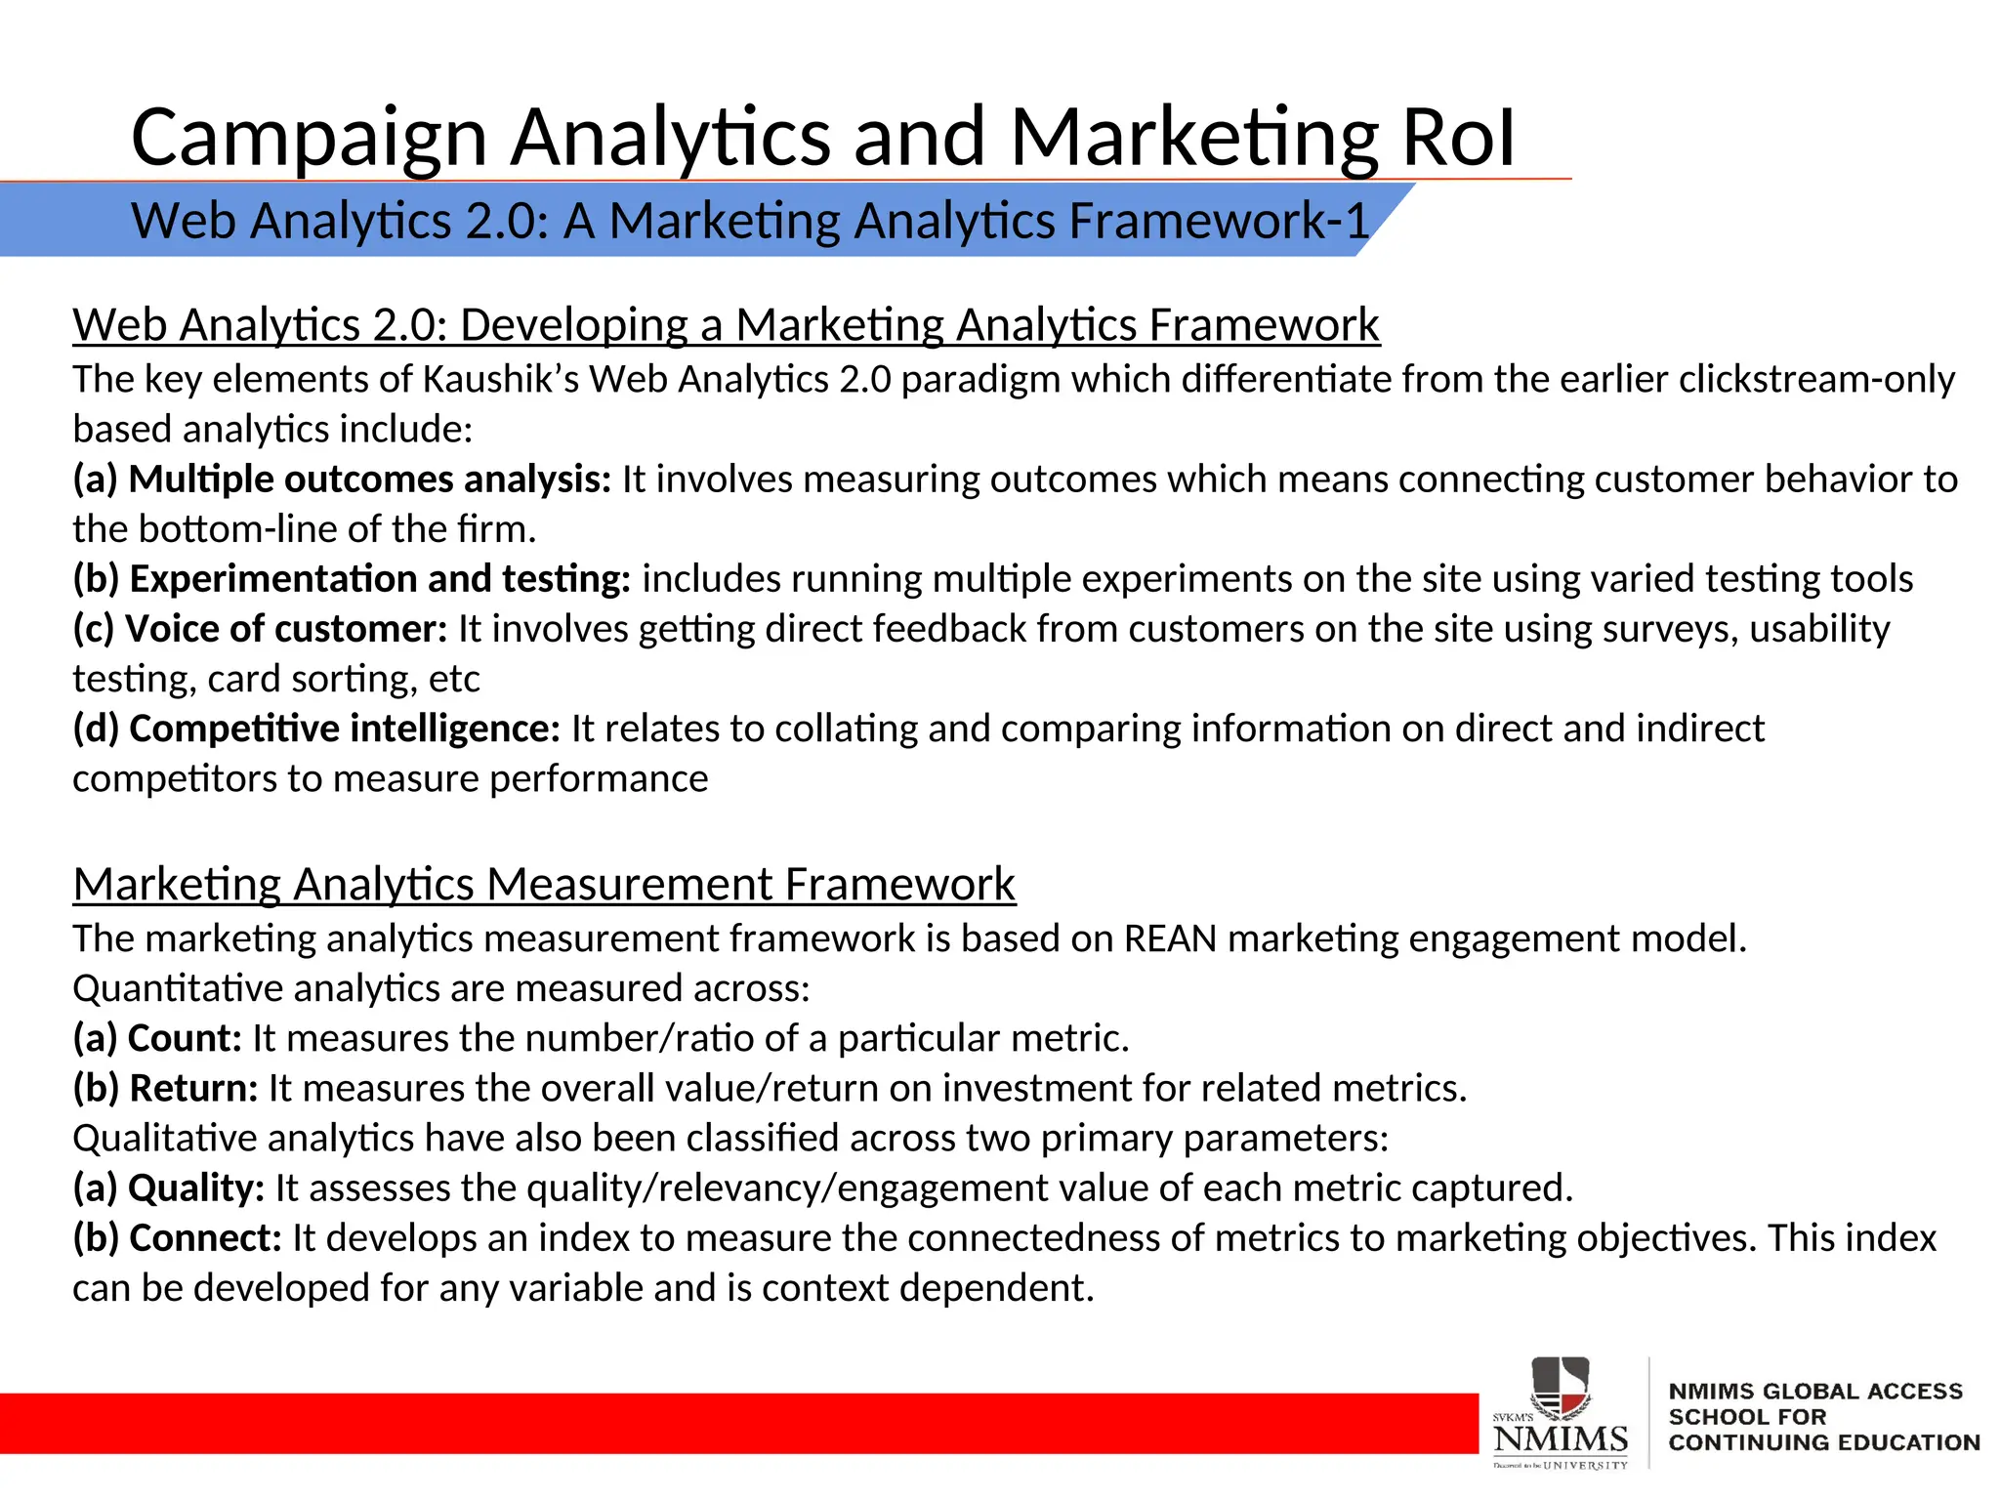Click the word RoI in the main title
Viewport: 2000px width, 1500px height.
pyautogui.click(x=1457, y=138)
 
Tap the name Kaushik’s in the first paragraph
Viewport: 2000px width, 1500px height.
pyautogui.click(x=500, y=379)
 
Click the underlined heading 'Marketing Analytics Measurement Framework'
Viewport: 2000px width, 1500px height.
pyautogui.click(x=544, y=885)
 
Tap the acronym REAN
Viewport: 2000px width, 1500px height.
pyautogui.click(x=1170, y=938)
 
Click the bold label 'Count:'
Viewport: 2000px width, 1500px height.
pyautogui.click(x=185, y=1038)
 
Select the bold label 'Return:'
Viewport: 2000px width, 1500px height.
pyautogui.click(x=193, y=1088)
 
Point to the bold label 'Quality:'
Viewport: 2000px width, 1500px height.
pyautogui.click(x=196, y=1188)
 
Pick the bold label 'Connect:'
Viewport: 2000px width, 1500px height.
pyautogui.click(x=205, y=1238)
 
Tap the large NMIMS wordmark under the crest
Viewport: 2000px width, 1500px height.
pyautogui.click(x=1561, y=1438)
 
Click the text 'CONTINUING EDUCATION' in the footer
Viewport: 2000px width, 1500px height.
pyautogui.click(x=1823, y=1442)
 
